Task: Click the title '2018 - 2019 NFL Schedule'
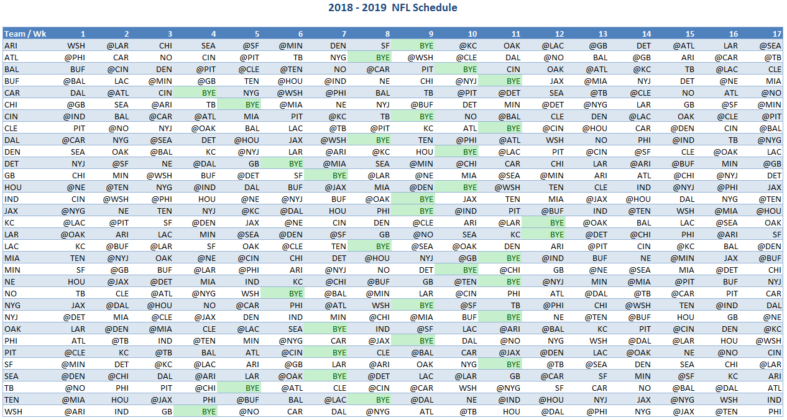click(392, 8)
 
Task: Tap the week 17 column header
click(777, 34)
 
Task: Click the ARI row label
click(11, 45)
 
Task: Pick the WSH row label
click(13, 411)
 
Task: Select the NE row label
click(11, 281)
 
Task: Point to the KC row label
click(10, 222)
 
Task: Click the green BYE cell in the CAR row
click(205, 93)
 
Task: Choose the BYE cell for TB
click(249, 388)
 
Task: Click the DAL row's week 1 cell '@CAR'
click(73, 140)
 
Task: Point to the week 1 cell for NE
click(76, 281)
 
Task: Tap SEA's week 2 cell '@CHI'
click(118, 376)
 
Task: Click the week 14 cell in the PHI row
click(639, 340)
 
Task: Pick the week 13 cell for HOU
click(600, 187)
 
